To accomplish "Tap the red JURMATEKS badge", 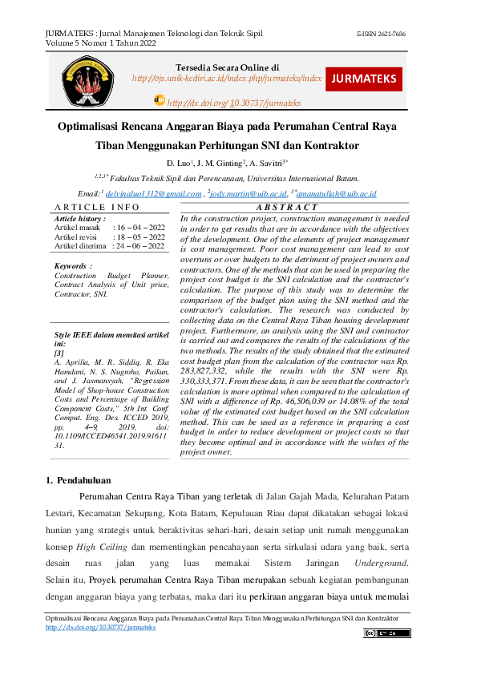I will pyautogui.click(x=364, y=79).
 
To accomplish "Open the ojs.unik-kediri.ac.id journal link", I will pyautogui.click(x=227, y=79).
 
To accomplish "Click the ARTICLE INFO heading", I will pyautogui.click(x=95, y=208).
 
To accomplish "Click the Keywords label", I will pyautogui.click(x=73, y=265).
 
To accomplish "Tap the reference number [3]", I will pyautogui.click(x=59, y=352).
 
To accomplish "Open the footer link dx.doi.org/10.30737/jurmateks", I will pyautogui.click(x=100, y=627).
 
